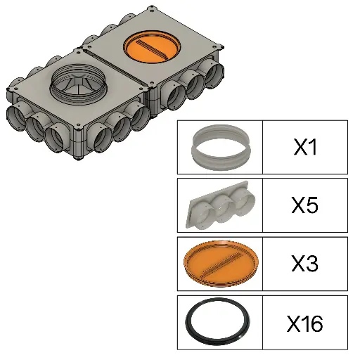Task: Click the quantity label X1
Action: tap(305, 147)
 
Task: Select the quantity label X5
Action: tap(305, 205)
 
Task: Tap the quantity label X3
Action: tap(305, 263)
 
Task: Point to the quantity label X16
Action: tap(305, 323)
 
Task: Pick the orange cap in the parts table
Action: tap(221, 264)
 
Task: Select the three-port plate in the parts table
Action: tap(220, 205)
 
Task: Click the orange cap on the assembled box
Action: tap(152, 46)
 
